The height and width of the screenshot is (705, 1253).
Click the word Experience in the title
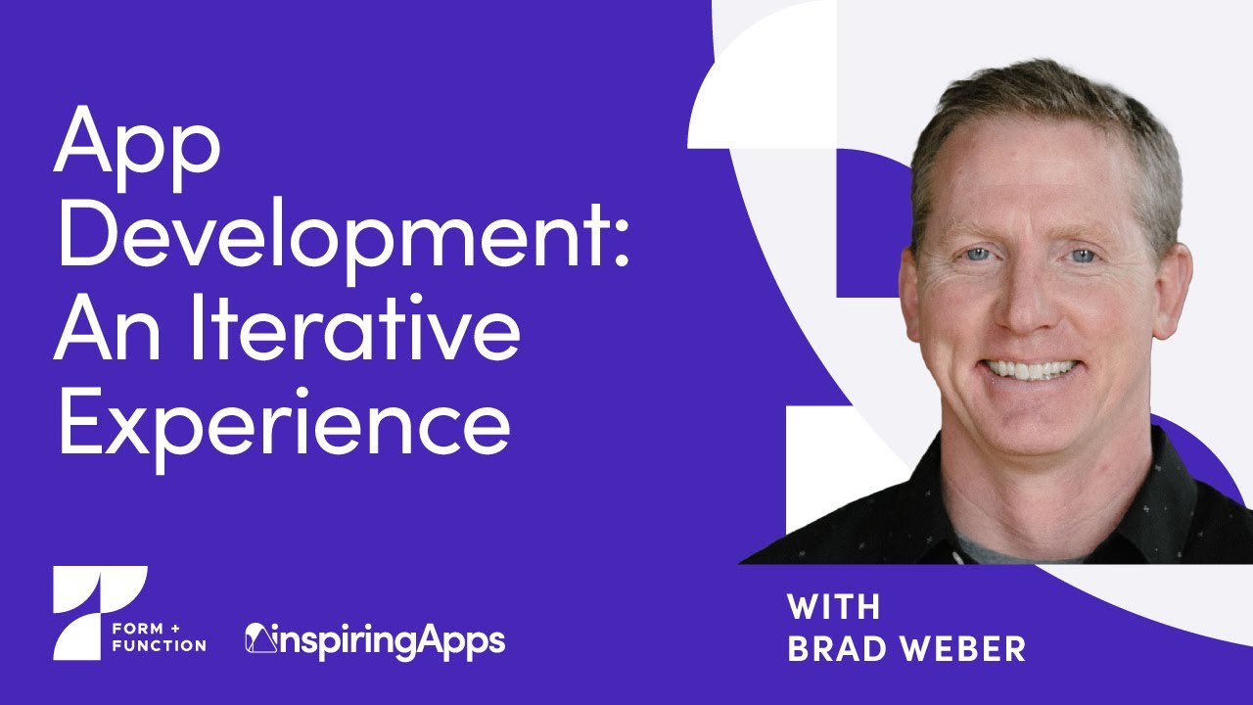(x=284, y=426)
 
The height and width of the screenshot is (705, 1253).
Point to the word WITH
(x=833, y=607)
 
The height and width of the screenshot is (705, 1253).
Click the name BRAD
(x=841, y=649)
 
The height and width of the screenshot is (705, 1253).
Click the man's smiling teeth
(x=1031, y=370)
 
